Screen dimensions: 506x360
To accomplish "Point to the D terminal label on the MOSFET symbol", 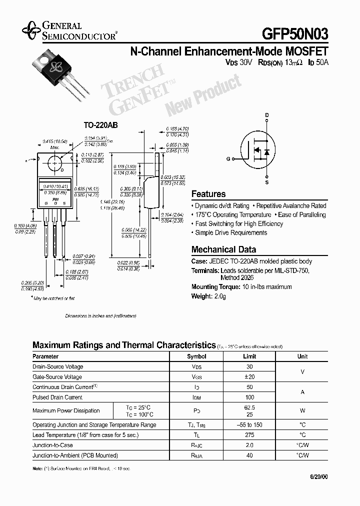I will [267, 115].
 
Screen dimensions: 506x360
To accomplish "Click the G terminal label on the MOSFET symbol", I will [228, 158].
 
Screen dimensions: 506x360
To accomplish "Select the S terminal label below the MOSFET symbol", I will [267, 182].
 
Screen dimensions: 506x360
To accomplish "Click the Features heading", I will [208, 194].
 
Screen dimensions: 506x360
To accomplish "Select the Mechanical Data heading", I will [223, 249].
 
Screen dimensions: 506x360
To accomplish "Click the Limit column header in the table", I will [249, 356].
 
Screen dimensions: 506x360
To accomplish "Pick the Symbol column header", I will [196, 356].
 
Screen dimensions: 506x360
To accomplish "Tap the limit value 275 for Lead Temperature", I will [249, 435].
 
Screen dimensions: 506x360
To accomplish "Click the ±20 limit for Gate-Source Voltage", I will [249, 377].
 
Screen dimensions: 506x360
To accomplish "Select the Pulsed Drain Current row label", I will [57, 397].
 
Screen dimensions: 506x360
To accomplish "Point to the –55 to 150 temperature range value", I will [249, 425].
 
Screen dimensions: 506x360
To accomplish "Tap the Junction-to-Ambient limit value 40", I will [249, 455].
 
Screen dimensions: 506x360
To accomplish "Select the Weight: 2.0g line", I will [209, 296].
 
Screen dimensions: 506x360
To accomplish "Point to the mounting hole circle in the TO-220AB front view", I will [54, 161].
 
